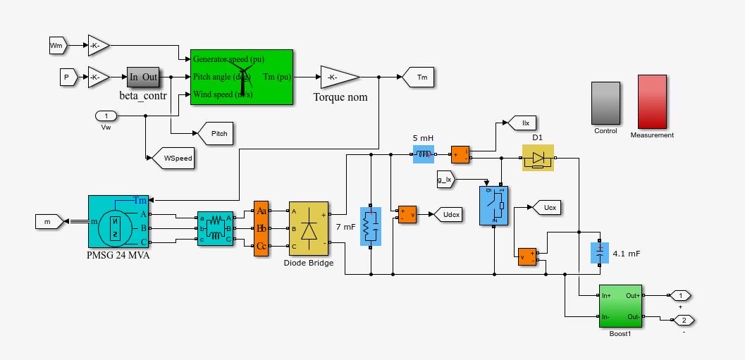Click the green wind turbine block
click(241, 77)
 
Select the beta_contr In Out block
click(143, 77)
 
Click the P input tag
click(68, 77)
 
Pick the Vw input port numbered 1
click(106, 116)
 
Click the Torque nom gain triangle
click(338, 77)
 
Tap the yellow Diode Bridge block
click(308, 230)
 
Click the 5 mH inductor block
click(424, 154)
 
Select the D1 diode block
click(538, 158)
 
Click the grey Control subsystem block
click(605, 103)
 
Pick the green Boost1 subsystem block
click(620, 306)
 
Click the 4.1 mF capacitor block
click(599, 253)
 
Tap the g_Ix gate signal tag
click(445, 180)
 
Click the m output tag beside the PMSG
click(49, 222)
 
